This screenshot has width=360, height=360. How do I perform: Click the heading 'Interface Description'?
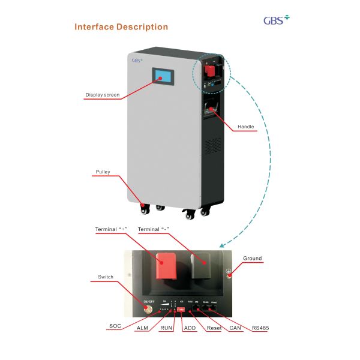pyautogui.click(x=121, y=27)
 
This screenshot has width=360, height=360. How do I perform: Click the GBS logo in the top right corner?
pyautogui.click(x=277, y=20)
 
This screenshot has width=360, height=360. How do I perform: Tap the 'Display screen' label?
pyautogui.click(x=102, y=95)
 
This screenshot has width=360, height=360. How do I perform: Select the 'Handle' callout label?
pyautogui.click(x=245, y=127)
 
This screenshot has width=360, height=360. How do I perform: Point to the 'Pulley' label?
pyautogui.click(x=103, y=172)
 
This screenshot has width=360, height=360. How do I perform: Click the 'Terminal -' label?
pyautogui.click(x=154, y=230)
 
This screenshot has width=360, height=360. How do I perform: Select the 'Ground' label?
pyautogui.click(x=252, y=259)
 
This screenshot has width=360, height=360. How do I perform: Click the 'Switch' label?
pyautogui.click(x=105, y=277)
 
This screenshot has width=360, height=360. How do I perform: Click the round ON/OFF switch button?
pyautogui.click(x=148, y=310)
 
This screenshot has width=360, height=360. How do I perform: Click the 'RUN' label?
pyautogui.click(x=166, y=328)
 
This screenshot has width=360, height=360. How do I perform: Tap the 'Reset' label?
pyautogui.click(x=213, y=328)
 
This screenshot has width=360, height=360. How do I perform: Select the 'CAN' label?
pyautogui.click(x=235, y=328)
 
